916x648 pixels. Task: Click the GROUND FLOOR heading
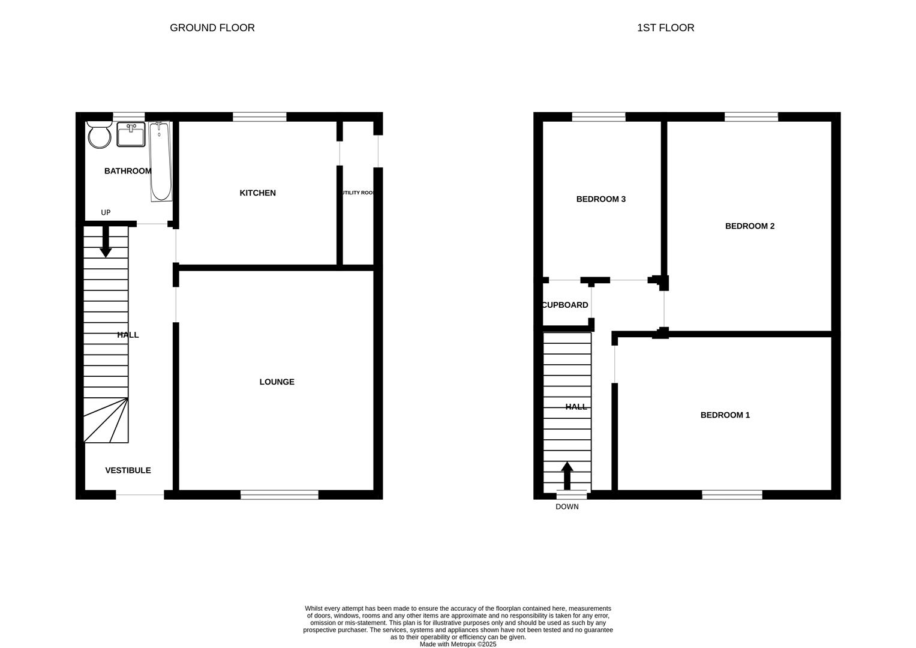212,28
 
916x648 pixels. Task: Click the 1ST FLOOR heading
665,28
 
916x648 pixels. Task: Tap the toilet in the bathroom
99,134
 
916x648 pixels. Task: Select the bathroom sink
131,134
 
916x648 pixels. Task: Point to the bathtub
160,161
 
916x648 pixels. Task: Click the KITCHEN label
257,193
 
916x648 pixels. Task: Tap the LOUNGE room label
277,382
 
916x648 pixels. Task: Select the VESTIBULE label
128,470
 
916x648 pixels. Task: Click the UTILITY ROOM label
358,193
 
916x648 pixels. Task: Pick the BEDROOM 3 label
600,199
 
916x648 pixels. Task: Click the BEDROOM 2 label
749,226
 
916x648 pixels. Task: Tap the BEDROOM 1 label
725,415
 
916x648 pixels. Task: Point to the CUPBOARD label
565,305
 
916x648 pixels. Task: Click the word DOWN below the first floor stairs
567,507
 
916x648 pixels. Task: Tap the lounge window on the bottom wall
280,494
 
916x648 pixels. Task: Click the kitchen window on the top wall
259,117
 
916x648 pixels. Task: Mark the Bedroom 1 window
732,494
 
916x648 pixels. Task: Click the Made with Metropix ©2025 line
458,644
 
